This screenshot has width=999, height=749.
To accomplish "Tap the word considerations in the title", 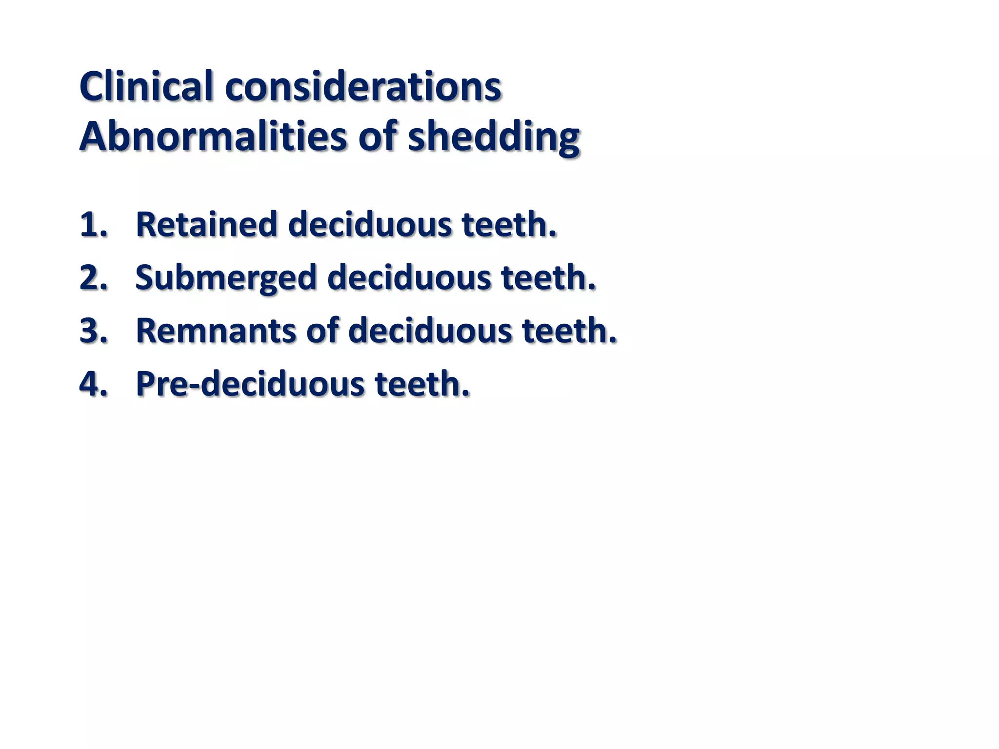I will [x=363, y=86].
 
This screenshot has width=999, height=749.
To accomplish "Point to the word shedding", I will [x=494, y=138].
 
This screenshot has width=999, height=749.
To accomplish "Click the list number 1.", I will [x=93, y=225].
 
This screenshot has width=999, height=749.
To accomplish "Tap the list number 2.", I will [x=93, y=278].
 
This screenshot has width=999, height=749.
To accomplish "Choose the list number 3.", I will [x=93, y=331].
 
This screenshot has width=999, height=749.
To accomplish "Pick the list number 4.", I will [x=93, y=384].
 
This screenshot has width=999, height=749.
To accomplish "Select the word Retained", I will [x=206, y=225].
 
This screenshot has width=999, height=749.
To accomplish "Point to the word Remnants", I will [x=216, y=331].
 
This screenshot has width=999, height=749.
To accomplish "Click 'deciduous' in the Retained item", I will [x=370, y=225].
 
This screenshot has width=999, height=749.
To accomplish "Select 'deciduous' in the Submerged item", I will [x=409, y=278].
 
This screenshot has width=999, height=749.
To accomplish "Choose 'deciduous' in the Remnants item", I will [x=430, y=331].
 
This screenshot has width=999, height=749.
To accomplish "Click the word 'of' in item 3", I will [x=322, y=331].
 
